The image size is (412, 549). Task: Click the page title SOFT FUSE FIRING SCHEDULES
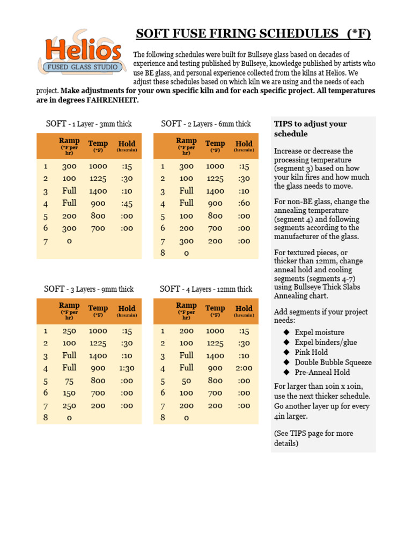[x=253, y=34]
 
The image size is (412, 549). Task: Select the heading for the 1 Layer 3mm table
[x=89, y=124]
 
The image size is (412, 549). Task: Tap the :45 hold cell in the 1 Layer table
[x=127, y=204]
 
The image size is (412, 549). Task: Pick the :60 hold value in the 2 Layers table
[x=244, y=204]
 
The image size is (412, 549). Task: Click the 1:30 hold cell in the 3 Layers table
[x=127, y=368]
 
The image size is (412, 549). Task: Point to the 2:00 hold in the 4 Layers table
[x=244, y=368]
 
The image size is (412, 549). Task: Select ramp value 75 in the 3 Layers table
[x=69, y=381]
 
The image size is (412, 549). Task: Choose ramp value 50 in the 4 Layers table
[x=186, y=381]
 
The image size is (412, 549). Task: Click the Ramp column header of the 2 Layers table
[x=186, y=145]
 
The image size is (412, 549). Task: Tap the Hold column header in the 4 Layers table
[x=244, y=310]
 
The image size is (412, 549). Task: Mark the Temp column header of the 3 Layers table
[x=98, y=310]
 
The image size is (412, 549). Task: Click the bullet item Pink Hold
[x=311, y=352]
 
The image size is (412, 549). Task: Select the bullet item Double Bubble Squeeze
[x=333, y=362]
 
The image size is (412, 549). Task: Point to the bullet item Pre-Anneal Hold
[x=322, y=372]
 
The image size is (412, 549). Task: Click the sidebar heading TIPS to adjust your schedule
[x=310, y=129]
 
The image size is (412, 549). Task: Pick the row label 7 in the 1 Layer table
[x=46, y=241]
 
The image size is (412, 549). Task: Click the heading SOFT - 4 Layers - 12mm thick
[x=206, y=289]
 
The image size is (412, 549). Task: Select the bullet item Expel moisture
[x=319, y=332]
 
